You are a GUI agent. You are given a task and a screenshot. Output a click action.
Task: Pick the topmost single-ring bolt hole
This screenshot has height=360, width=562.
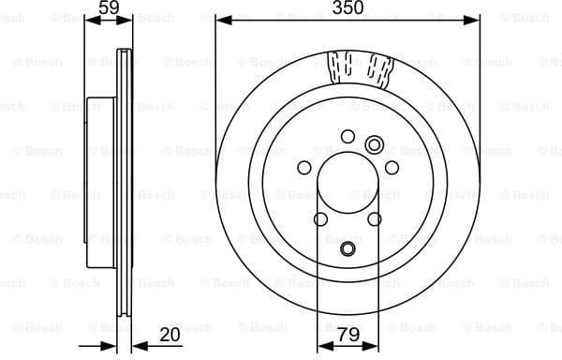tap(348, 136)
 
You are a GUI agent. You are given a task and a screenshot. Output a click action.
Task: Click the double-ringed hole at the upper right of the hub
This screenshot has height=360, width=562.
tap(375, 144)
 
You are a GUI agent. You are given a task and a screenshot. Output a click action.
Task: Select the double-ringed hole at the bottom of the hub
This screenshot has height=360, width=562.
tap(348, 249)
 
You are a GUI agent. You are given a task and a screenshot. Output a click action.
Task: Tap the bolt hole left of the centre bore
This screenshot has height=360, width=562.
tap(303, 168)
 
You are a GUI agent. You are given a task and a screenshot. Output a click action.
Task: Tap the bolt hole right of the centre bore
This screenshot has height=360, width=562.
tap(392, 168)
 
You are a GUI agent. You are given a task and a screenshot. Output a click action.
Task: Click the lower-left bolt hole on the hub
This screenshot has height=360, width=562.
tap(320, 219)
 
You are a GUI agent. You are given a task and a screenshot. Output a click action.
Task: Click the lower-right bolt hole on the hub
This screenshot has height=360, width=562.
tap(375, 219)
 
